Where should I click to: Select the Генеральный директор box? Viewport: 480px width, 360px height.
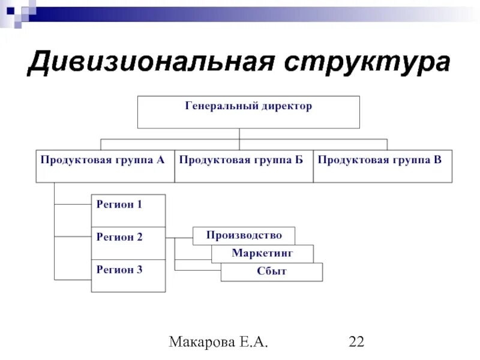[x=248, y=112]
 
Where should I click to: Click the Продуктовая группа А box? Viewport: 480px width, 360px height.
[x=105, y=166]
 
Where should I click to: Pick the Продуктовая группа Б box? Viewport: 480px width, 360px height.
[x=244, y=166]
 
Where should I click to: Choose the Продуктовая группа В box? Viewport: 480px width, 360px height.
[x=383, y=166]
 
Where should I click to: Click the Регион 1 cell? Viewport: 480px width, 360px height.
[x=128, y=210]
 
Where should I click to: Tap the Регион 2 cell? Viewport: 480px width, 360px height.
[x=128, y=242]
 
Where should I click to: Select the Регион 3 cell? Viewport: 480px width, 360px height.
[x=128, y=275]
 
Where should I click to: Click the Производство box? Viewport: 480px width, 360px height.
[x=244, y=235]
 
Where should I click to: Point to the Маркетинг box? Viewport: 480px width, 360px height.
[x=262, y=254]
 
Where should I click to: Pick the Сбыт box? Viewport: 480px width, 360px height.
[x=272, y=272]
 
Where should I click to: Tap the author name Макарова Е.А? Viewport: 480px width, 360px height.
[x=218, y=343]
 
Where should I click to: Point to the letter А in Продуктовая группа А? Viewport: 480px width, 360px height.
[x=160, y=160]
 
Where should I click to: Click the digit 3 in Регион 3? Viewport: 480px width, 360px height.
[x=139, y=270]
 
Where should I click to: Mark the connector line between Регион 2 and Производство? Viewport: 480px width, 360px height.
[x=179, y=238]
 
